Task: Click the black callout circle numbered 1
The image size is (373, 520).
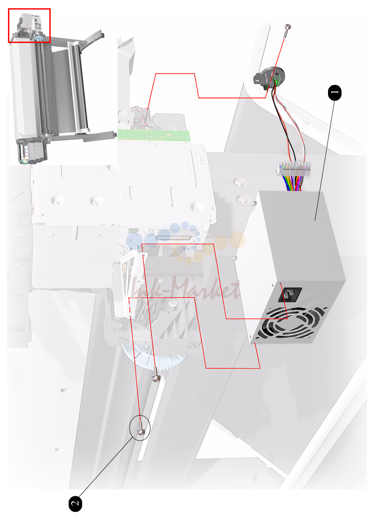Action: [x=334, y=92]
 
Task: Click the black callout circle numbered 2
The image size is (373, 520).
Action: [x=75, y=503]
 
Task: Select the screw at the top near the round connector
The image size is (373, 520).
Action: [x=287, y=30]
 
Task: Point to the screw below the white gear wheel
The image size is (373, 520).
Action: [x=155, y=374]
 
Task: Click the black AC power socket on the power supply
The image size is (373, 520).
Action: [x=290, y=295]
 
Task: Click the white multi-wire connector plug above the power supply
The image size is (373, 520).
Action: [x=293, y=168]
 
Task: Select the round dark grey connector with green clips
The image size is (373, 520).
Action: [x=269, y=78]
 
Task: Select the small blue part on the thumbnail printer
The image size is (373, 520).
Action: [x=38, y=38]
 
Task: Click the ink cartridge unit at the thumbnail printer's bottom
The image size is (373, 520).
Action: [x=33, y=152]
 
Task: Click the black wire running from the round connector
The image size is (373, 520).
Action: [x=282, y=123]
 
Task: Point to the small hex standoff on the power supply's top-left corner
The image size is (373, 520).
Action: [x=254, y=203]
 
